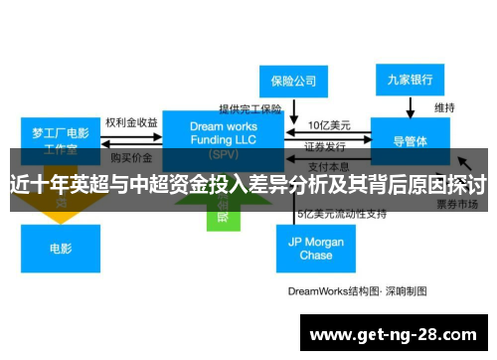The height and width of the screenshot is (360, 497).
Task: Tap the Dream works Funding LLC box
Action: click(x=223, y=137)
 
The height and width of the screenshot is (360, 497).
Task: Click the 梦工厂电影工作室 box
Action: click(x=61, y=138)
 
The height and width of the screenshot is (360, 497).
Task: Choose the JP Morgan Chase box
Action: click(x=315, y=248)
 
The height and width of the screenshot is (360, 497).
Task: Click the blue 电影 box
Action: click(x=61, y=249)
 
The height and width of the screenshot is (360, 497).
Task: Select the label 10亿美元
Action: click(x=328, y=125)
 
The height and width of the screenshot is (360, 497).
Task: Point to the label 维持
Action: click(x=444, y=106)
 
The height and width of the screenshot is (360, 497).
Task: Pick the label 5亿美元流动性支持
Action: click(x=342, y=214)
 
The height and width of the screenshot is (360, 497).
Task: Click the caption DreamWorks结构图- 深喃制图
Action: click(x=357, y=291)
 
